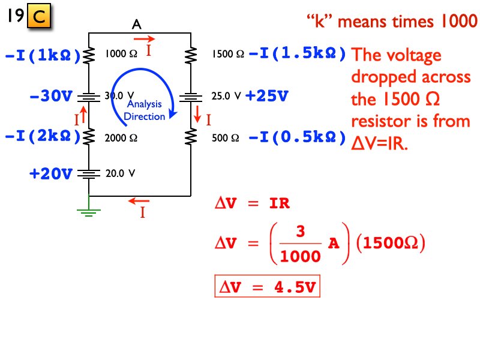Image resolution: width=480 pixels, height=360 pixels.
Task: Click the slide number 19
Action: pyautogui.click(x=15, y=16)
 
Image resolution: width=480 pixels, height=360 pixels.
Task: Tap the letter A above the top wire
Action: pyautogui.click(x=137, y=25)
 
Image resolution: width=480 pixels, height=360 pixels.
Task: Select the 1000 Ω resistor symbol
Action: pyautogui.click(x=89, y=55)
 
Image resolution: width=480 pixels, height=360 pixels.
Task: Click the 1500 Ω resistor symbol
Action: pyautogui.click(x=190, y=55)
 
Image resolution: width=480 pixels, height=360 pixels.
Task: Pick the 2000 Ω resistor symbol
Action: pyautogui.click(x=89, y=137)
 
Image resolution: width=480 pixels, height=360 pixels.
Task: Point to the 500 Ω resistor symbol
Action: pyautogui.click(x=190, y=137)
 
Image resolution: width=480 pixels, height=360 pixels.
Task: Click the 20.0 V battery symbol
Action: pyautogui.click(x=89, y=174)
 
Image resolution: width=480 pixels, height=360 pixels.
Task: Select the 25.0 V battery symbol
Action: pyautogui.click(x=190, y=96)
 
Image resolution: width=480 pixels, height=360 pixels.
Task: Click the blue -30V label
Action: pyautogui.click(x=50, y=96)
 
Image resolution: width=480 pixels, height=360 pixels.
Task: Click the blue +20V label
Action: pyautogui.click(x=50, y=174)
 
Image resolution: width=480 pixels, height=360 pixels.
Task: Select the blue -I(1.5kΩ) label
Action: pyautogui.click(x=297, y=54)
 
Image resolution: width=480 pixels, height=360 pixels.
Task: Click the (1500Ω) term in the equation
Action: pyautogui.click(x=390, y=244)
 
